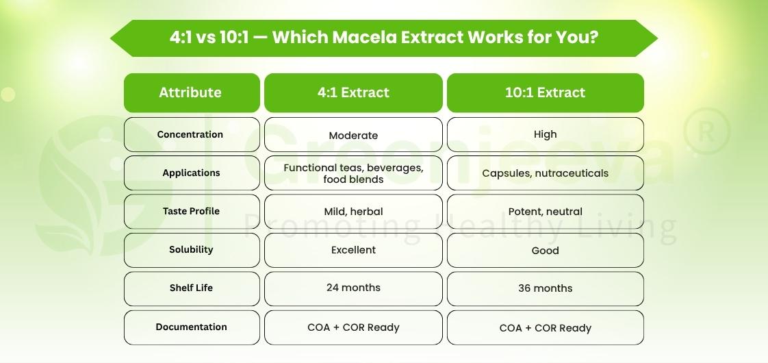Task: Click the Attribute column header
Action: click(191, 92)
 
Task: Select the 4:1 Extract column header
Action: click(353, 92)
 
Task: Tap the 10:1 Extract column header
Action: click(545, 92)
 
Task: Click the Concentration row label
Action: click(191, 134)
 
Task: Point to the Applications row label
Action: click(191, 173)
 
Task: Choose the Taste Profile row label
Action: click(191, 212)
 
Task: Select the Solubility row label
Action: click(191, 250)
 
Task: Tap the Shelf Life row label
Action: click(191, 288)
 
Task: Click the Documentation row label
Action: click(191, 327)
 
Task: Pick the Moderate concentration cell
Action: click(353, 136)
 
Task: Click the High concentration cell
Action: click(545, 134)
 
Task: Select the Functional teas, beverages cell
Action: click(353, 173)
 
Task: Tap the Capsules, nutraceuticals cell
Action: click(545, 173)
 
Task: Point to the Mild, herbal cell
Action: click(353, 212)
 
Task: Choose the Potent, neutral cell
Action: click(545, 212)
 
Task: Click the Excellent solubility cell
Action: click(353, 250)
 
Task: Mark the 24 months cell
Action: click(353, 288)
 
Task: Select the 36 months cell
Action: click(545, 288)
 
